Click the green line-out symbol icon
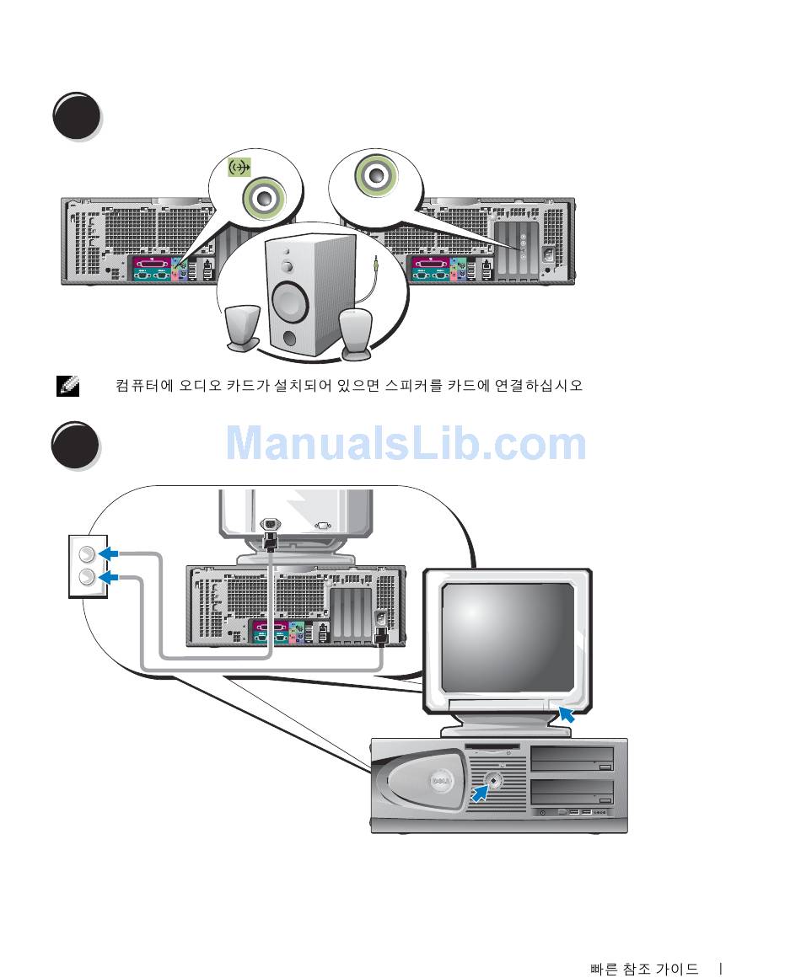239,167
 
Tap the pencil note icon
67,386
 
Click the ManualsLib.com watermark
406,443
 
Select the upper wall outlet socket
87,554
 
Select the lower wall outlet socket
87,578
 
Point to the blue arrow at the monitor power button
567,714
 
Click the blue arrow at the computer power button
480,794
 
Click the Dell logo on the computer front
438,783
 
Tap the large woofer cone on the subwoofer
290,302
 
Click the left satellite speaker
242,328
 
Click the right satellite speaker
356,335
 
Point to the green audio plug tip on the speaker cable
376,263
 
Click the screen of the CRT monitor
508,637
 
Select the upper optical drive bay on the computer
572,759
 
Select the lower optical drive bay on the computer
572,792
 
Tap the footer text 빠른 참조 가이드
644,969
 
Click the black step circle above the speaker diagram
77,116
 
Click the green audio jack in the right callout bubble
375,175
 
